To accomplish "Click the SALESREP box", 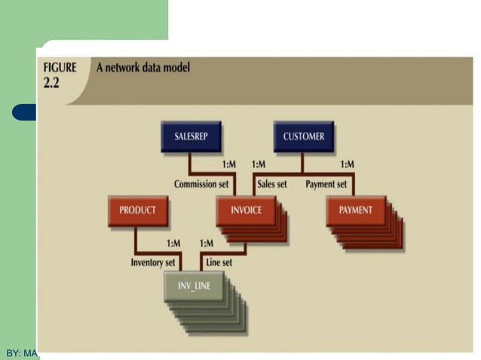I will (x=191, y=136).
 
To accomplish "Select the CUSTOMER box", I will (x=303, y=136).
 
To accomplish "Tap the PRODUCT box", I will (x=137, y=210).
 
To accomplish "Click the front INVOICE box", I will (x=245, y=210).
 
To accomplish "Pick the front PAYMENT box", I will (x=355, y=210).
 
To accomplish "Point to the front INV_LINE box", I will (x=194, y=285).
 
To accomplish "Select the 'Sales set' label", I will (x=272, y=184).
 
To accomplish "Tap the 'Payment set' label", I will (x=326, y=184).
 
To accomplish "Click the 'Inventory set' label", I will (x=153, y=263).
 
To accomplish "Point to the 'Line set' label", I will (x=219, y=263).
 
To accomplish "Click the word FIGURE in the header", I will (x=60, y=68).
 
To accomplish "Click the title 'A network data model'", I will (x=143, y=68).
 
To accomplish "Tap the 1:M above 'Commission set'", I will (x=229, y=164).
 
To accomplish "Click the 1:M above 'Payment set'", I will (x=348, y=164).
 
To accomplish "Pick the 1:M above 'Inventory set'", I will (x=173, y=243).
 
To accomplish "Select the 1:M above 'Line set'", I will (x=207, y=243).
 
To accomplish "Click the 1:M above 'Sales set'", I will (x=259, y=164).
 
